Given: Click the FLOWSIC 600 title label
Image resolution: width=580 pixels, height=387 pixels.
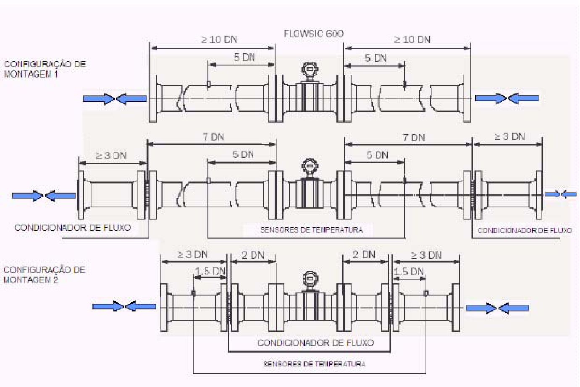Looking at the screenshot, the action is [314, 34].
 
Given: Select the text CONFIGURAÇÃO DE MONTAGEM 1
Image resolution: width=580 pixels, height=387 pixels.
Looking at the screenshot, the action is [45, 69].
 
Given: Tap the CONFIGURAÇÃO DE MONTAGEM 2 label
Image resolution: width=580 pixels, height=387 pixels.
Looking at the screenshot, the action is [44, 275].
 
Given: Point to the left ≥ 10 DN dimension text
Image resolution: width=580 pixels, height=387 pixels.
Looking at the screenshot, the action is [219, 39].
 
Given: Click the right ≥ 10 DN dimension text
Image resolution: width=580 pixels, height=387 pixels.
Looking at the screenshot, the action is [412, 39].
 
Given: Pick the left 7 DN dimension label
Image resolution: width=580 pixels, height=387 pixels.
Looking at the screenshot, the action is [213, 137].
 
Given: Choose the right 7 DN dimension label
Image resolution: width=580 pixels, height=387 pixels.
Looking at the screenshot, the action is [414, 137].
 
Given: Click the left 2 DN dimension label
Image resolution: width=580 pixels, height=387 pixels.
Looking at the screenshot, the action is [253, 256].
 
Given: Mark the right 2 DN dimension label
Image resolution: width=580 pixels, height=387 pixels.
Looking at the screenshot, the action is [364, 255].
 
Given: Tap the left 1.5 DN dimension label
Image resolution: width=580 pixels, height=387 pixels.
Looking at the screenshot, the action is [210, 271].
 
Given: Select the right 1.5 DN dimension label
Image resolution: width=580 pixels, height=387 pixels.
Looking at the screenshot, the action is [409, 272].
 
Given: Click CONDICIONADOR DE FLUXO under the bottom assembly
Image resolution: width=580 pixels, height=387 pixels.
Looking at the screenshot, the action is [316, 343].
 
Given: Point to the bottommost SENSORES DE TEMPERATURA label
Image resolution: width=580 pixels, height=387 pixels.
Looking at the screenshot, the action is [314, 364].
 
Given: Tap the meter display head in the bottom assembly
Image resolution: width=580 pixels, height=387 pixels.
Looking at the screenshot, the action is [310, 279].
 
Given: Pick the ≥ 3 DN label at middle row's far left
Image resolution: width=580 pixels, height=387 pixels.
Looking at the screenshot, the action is [111, 156].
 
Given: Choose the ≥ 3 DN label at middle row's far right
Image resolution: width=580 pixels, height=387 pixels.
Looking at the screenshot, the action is [509, 137].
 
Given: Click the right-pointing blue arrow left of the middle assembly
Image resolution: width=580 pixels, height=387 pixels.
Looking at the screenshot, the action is [28, 196].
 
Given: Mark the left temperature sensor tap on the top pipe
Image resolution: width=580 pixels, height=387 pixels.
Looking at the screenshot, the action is [208, 84].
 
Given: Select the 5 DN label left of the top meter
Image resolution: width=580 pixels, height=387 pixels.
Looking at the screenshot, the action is [244, 57].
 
